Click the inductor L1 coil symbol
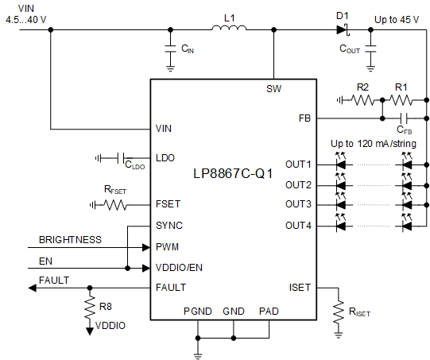(228, 29)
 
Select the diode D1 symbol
(343, 30)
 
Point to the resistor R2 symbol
(362, 100)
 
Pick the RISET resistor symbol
(337, 306)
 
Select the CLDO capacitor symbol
(118, 158)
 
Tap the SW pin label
(273, 89)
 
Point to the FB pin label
(304, 118)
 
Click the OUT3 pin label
(298, 205)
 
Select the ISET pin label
(300, 287)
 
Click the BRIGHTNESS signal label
(70, 238)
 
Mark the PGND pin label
(196, 311)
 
